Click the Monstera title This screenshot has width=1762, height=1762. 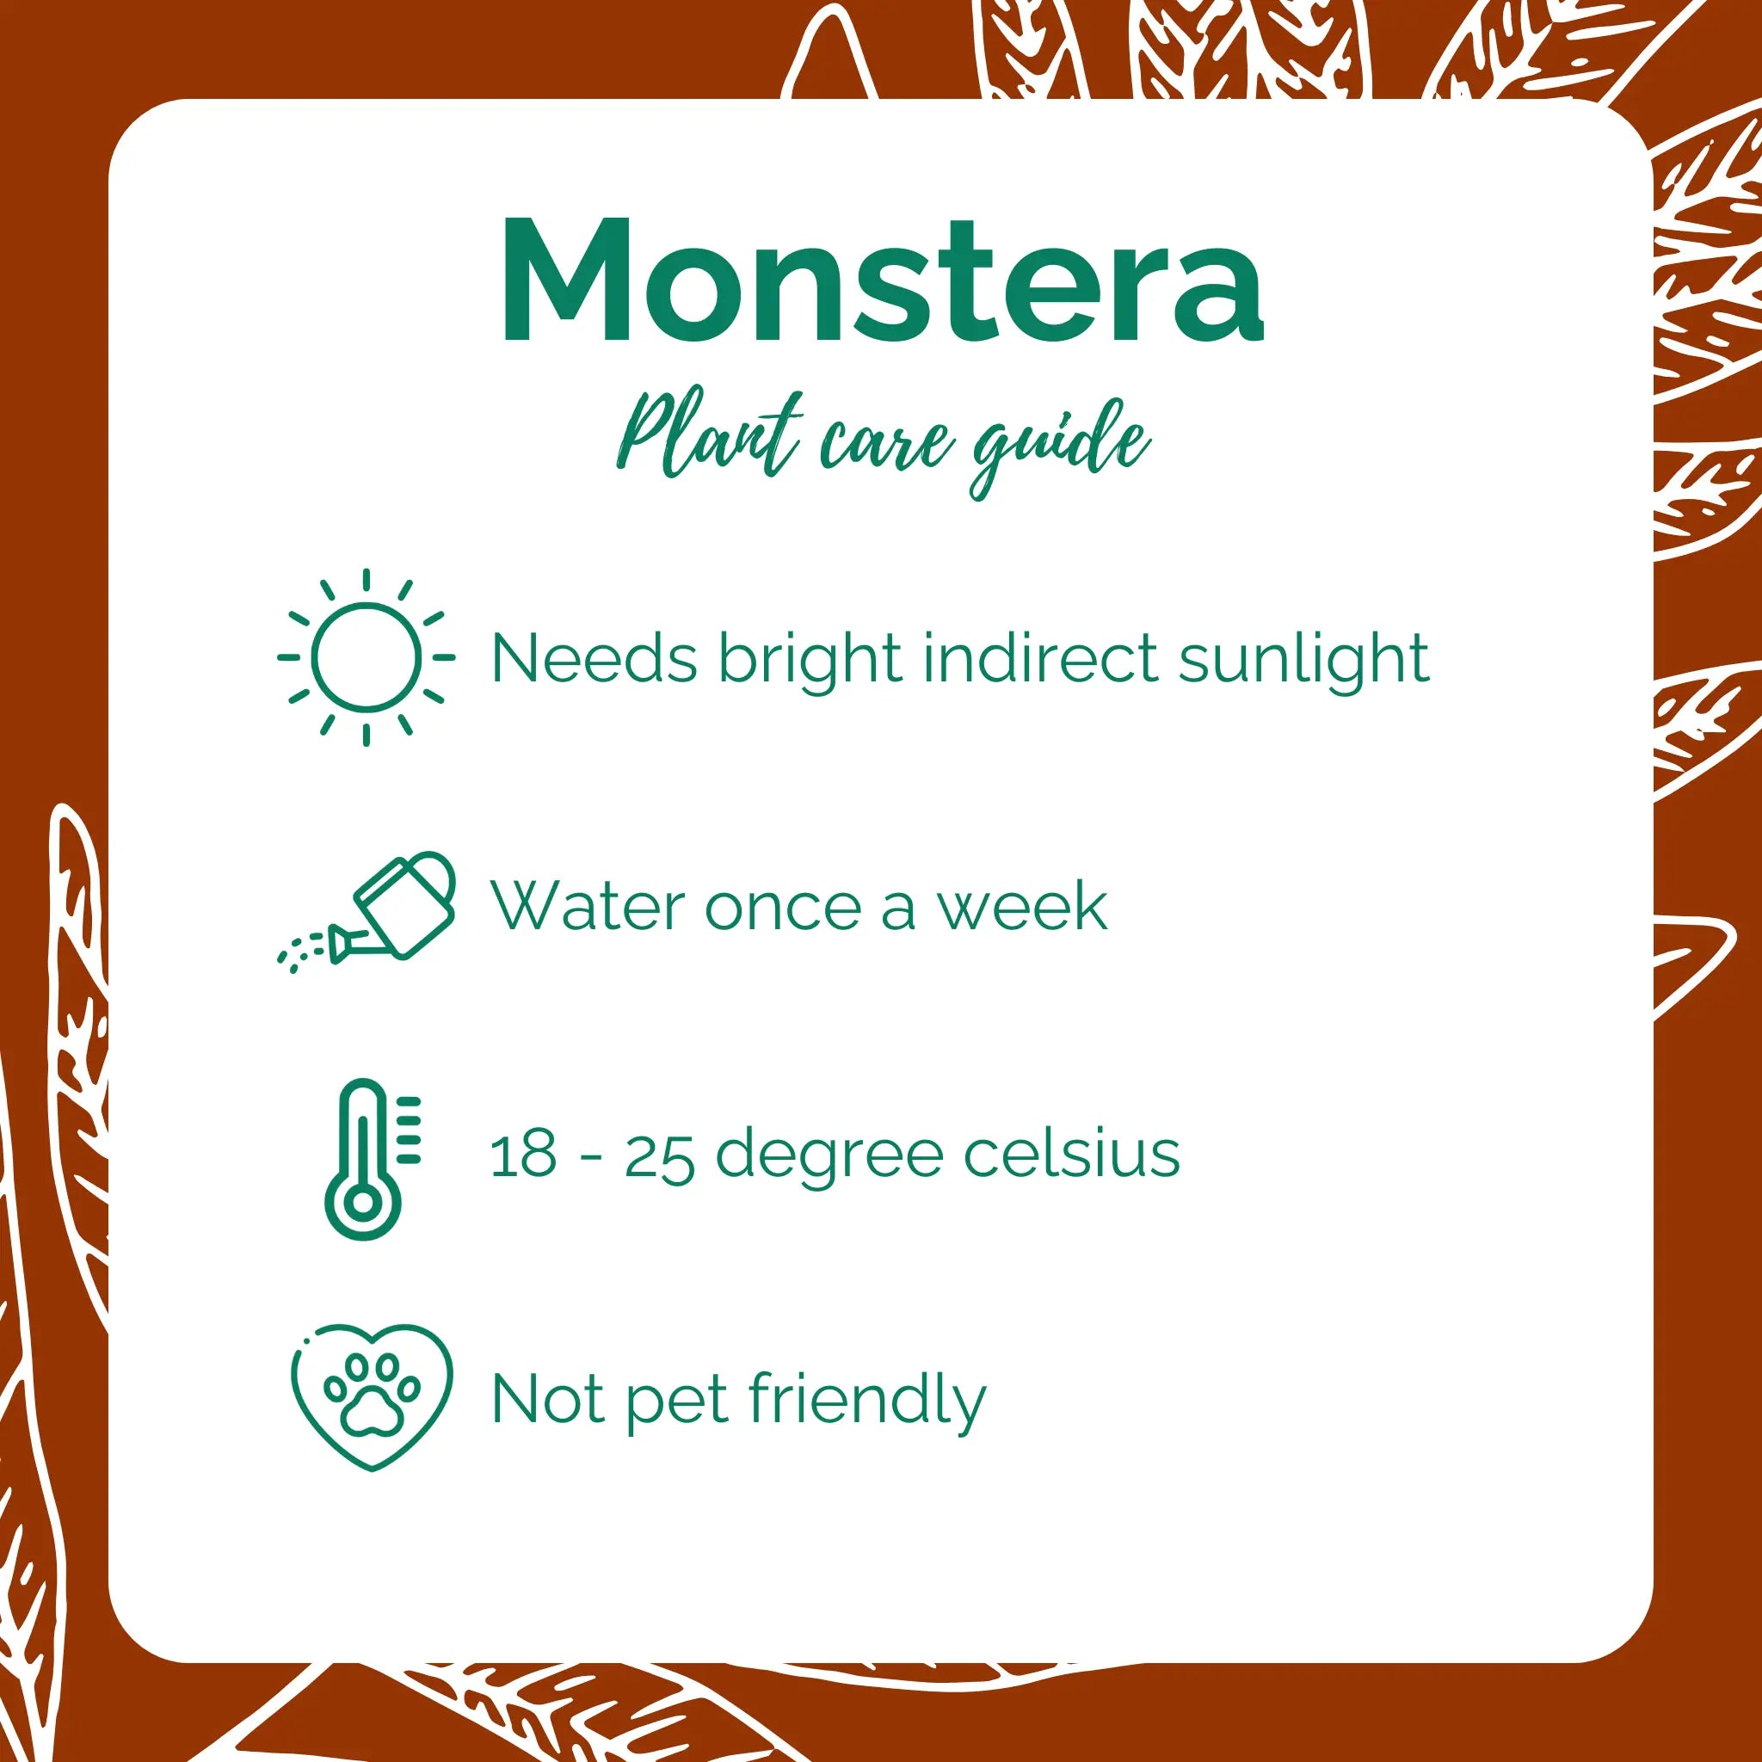pos(882,280)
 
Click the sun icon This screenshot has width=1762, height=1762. pos(366,656)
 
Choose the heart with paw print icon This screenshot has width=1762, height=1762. pos(371,1396)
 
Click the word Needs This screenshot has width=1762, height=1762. pos(594,657)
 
